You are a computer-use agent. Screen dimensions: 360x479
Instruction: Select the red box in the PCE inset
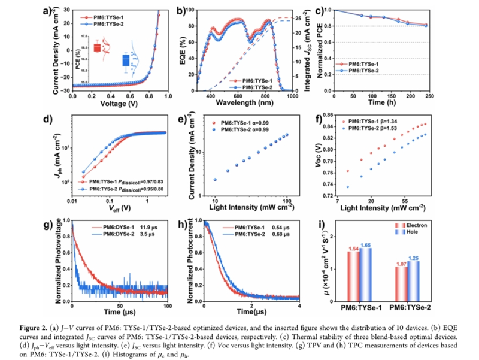pyautogui.click(x=97, y=47)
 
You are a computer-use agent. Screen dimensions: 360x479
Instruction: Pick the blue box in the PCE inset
pyautogui.click(x=126, y=60)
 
